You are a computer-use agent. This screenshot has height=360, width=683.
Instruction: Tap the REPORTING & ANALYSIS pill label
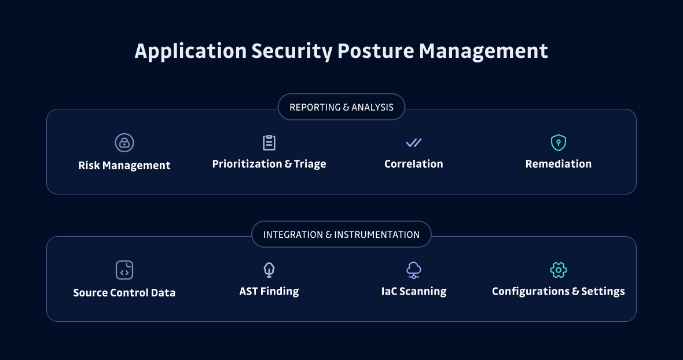[341, 107]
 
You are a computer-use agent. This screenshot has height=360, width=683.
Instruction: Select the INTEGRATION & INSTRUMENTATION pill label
[341, 234]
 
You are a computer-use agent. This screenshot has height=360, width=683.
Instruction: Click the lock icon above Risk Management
[124, 142]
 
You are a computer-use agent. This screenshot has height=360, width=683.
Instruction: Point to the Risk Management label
[124, 166]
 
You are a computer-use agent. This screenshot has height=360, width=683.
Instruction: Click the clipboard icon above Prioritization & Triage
[269, 142]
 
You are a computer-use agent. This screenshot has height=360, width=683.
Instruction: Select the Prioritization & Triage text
[269, 164]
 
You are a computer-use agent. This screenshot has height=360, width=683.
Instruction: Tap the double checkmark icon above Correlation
[414, 142]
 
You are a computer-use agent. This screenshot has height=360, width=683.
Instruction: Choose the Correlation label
[414, 164]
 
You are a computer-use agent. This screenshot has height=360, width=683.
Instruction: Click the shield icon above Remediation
[559, 142]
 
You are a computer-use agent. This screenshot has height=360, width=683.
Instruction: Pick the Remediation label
[559, 164]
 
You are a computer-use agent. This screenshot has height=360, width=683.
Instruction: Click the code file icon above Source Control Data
[124, 270]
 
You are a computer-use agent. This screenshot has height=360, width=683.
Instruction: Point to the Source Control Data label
[124, 293]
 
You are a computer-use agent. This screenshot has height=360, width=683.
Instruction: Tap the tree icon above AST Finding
[269, 270]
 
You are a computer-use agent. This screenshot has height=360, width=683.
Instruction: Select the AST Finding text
[269, 292]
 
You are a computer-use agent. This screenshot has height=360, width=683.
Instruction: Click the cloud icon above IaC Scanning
[414, 270]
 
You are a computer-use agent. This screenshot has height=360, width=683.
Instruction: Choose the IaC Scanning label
[414, 292]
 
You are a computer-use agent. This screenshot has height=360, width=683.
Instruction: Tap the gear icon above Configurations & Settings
[559, 270]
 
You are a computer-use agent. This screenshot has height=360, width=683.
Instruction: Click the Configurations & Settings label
[559, 292]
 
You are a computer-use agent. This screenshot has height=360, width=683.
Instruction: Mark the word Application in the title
[190, 52]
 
